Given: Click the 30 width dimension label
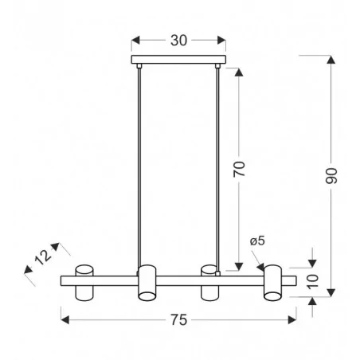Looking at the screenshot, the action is click(x=178, y=41).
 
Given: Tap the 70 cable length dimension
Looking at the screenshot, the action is click(x=239, y=169).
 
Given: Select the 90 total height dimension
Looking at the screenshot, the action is click(x=331, y=176).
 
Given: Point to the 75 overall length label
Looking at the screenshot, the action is click(x=178, y=320).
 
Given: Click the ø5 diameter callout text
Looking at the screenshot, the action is click(x=257, y=241).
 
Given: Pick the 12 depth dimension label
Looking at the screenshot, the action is click(x=43, y=257).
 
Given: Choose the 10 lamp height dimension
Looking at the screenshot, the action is click(x=313, y=282).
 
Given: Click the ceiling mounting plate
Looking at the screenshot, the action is click(x=178, y=60).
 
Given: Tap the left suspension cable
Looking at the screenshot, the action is click(x=139, y=167).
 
